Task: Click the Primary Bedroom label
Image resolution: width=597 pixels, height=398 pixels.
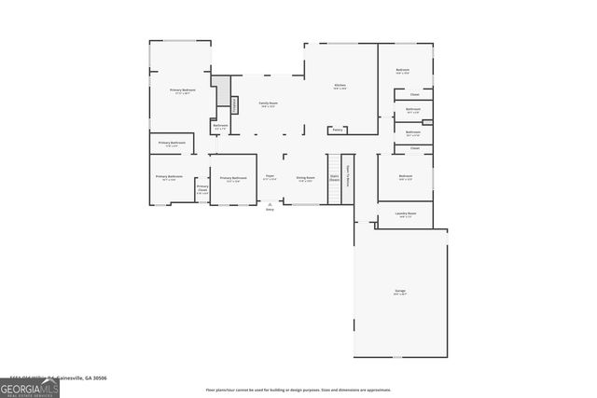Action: (180, 90)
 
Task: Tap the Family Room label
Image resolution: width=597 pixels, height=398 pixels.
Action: (269, 103)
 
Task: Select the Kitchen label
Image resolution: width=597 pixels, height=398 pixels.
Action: (340, 86)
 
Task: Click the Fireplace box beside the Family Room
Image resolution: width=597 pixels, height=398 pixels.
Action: (234, 104)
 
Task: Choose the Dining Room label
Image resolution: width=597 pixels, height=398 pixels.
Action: (305, 177)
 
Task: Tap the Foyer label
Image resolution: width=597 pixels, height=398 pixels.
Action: (270, 176)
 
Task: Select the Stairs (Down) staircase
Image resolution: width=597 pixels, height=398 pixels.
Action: (334, 178)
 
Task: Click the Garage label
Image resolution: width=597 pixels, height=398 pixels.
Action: (400, 292)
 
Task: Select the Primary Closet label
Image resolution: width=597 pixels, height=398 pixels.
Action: (202, 188)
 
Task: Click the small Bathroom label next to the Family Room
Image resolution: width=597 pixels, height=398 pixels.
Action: (220, 126)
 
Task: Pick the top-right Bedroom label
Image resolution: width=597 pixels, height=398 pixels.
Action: (403, 70)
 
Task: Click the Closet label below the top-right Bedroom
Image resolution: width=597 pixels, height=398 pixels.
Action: (414, 94)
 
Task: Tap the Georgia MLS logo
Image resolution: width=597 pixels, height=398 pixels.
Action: (30, 385)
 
